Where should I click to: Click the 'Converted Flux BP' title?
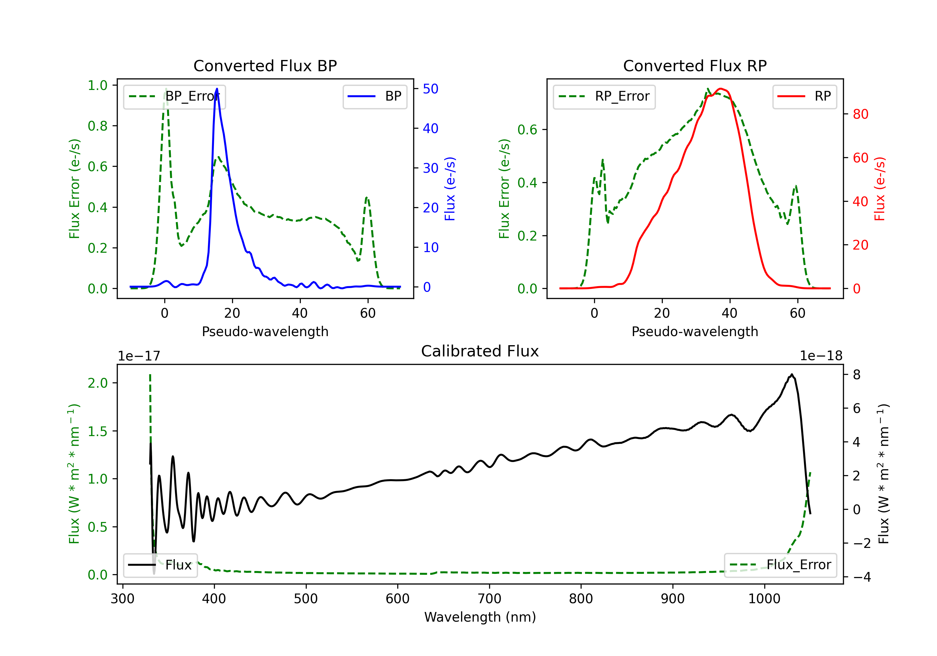[265, 66]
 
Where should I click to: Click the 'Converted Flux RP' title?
[695, 66]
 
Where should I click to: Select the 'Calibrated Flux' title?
[480, 351]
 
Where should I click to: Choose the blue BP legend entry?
[374, 96]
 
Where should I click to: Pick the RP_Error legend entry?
[604, 96]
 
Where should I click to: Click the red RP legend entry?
[804, 96]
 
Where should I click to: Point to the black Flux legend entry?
[160, 565]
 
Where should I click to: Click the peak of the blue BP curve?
[217, 89]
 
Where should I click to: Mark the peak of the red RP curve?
[721, 89]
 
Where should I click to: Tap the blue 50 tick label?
[430, 89]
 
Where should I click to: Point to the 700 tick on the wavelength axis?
[489, 599]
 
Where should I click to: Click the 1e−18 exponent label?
[821, 356]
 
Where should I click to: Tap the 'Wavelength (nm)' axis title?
[480, 617]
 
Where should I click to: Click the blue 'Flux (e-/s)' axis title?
[450, 189]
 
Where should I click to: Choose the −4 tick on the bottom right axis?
[861, 577]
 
